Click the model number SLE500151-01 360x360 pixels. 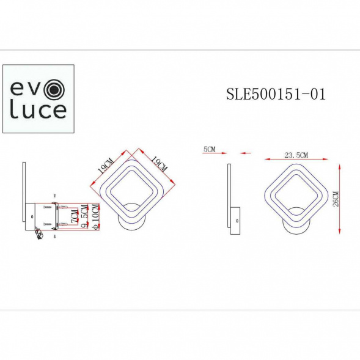pyautogui.click(x=276, y=95)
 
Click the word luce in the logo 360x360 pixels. pyautogui.click(x=38, y=111)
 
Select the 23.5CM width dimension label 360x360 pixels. pyautogui.click(x=296, y=155)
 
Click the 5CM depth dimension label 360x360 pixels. pyautogui.click(x=208, y=150)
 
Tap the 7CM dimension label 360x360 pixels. pyautogui.click(x=74, y=216)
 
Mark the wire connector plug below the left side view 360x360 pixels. pyautogui.click(x=40, y=233)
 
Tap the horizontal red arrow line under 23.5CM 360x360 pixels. pyautogui.click(x=296, y=160)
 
